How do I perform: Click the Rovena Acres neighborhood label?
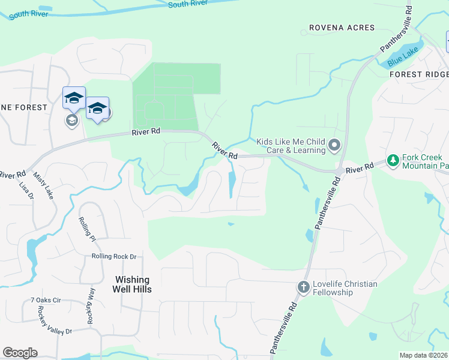342,28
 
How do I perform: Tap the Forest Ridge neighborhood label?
418,74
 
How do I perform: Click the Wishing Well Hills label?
133,284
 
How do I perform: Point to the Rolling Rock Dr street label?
114,256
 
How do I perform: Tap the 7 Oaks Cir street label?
46,299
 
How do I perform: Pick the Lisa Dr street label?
26,194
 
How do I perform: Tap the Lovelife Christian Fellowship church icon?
303,287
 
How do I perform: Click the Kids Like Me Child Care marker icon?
335,145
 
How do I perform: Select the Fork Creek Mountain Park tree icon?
393,160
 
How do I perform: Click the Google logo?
20,353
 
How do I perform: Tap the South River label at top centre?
188,4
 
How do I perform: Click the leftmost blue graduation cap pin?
74,98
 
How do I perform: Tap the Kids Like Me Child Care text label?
291,146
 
